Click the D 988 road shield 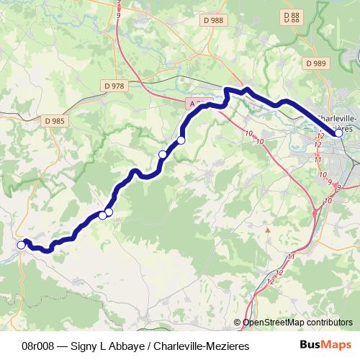(213, 21)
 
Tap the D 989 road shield (315, 63)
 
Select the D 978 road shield (114, 86)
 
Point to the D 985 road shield (53, 121)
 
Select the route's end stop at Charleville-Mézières (338, 132)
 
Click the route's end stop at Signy (22, 246)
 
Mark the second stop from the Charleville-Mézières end (181, 140)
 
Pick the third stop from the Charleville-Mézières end (163, 154)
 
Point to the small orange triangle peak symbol (268, 230)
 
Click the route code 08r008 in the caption (39, 346)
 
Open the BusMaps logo (325, 346)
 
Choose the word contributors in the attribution (330, 323)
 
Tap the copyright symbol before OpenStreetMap (238, 323)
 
